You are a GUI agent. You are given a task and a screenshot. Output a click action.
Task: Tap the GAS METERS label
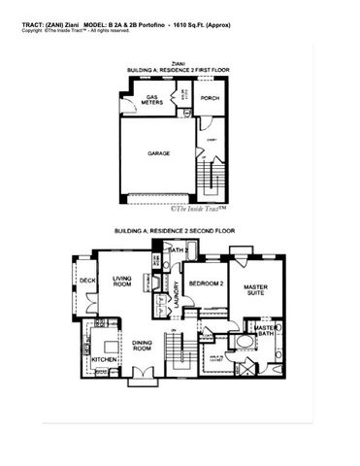[152, 101]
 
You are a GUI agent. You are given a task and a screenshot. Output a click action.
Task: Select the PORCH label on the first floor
[209, 98]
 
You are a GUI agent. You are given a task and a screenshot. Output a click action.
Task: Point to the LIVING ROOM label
[123, 283]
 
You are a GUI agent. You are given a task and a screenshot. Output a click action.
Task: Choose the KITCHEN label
[106, 360]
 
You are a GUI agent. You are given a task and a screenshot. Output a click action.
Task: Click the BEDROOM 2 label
[207, 283]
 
